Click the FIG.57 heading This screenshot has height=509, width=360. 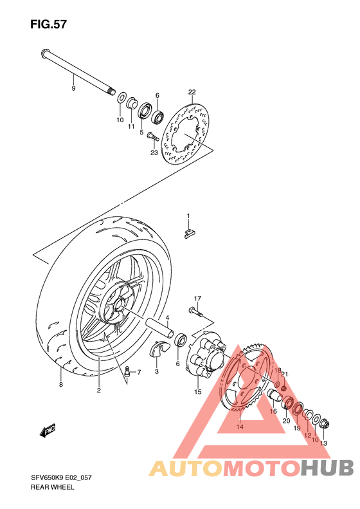(x=48, y=25)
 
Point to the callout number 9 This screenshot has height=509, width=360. (x=73, y=88)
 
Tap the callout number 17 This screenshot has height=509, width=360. (x=198, y=298)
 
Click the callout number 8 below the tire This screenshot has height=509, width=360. (x=61, y=385)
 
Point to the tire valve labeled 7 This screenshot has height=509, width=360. (x=128, y=371)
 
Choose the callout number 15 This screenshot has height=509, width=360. (x=198, y=391)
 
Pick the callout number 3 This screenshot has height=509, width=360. (x=156, y=371)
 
